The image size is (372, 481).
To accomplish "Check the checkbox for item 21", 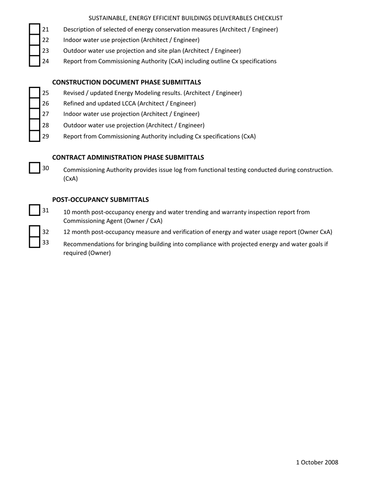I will pos(35,29).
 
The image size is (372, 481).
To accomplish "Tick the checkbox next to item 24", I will pos(35,61).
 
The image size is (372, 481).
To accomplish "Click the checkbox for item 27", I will pos(35,114).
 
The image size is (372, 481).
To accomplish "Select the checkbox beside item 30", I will pos(35,168).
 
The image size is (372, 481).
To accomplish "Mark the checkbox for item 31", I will pos(35,210).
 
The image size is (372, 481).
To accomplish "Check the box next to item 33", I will pos(35,242).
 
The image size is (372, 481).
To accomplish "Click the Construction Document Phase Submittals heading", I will pos(126,82).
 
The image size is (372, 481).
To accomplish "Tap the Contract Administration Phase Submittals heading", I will pos(128,157).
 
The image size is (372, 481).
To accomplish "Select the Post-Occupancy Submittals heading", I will pos(100,199).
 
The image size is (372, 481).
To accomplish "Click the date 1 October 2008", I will pos(317,462).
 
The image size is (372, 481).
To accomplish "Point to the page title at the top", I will pos(186,18).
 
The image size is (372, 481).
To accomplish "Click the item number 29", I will pos(45,136).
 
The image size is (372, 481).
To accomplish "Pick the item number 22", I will pos(45,40).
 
